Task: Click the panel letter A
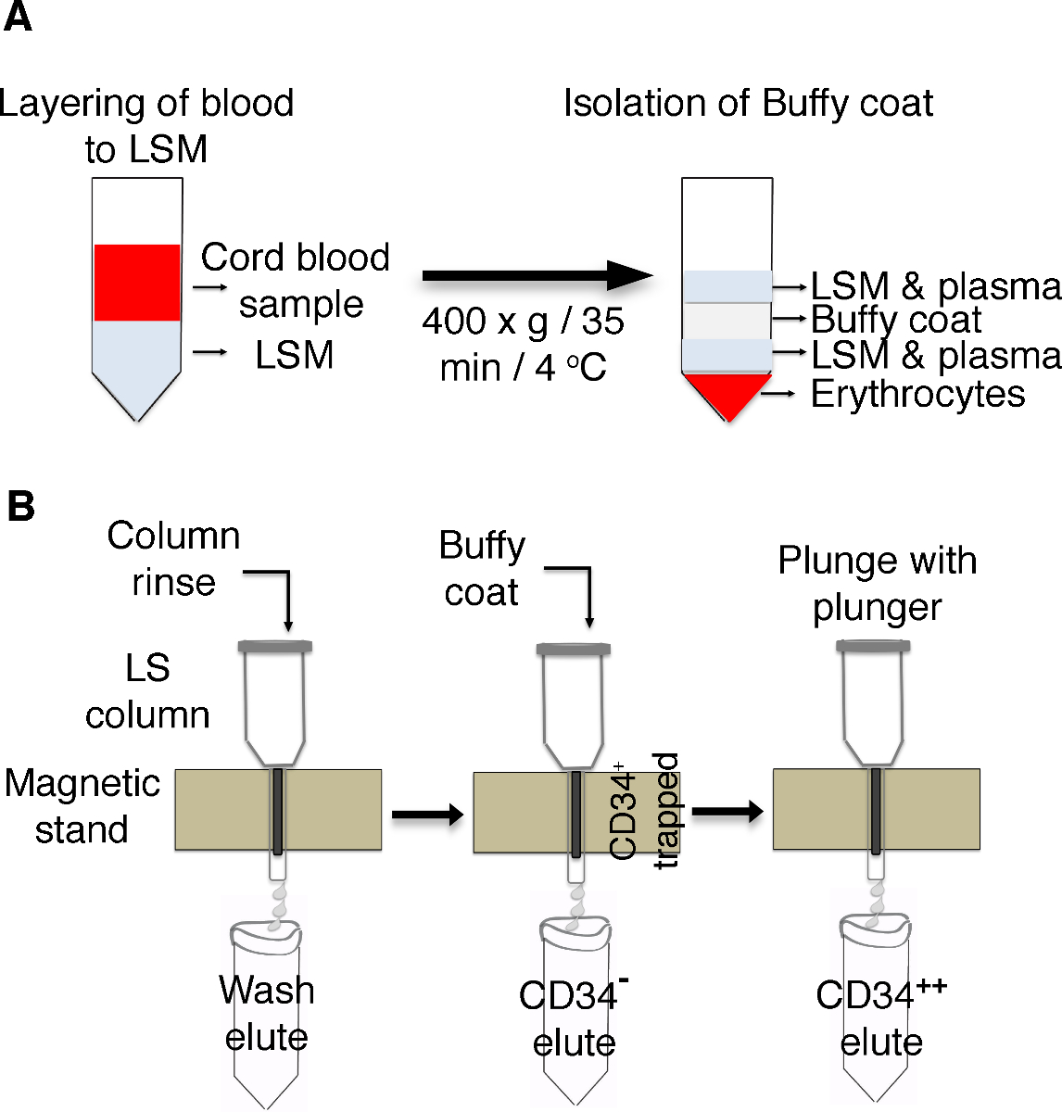coord(18,18)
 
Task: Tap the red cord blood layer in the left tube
coord(137,283)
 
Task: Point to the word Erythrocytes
coord(917,395)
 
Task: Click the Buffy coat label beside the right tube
coord(895,320)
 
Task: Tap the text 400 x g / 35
coord(523,322)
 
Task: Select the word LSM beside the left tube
coord(294,355)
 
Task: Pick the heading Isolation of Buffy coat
coord(748,103)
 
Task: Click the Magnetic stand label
coord(82,805)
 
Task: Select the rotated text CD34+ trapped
coord(645,810)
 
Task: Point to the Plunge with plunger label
coord(877,584)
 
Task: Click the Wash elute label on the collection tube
coord(267,1013)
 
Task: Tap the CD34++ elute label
coord(881,1017)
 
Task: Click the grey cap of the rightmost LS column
coord(872,647)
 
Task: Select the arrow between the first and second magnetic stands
coord(427,815)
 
